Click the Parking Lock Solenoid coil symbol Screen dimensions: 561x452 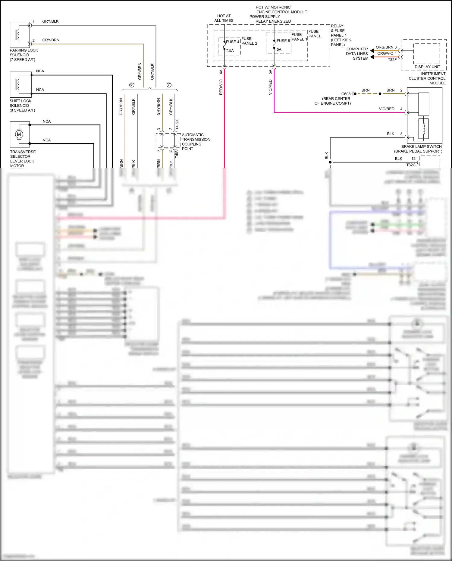[x=18, y=33]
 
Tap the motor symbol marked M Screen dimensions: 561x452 [x=19, y=134]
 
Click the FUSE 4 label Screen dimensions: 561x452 [x=232, y=42]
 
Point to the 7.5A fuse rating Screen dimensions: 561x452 [x=230, y=51]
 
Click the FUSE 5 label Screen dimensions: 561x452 [x=283, y=41]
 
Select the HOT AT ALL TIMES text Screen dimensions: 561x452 [x=224, y=18]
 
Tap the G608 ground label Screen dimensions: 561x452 [x=346, y=94]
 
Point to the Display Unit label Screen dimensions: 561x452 [x=427, y=67]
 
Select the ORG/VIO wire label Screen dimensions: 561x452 [x=385, y=53]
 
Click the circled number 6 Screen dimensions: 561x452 [x=132, y=85]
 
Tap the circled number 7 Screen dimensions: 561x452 [x=169, y=85]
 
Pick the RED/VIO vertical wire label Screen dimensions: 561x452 [x=221, y=87]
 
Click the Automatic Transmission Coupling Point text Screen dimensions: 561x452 [x=196, y=142]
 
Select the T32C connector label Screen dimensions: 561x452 [x=411, y=165]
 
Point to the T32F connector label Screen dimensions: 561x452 [x=392, y=60]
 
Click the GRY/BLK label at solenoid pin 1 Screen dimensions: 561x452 [x=50, y=21]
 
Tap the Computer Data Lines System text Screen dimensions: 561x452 [x=357, y=54]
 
